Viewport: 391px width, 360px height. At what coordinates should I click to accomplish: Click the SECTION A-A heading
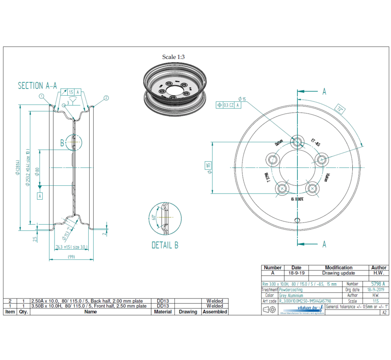pyautogui.click(x=37, y=86)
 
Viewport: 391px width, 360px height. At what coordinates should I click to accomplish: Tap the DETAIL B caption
pyautogui.click(x=165, y=245)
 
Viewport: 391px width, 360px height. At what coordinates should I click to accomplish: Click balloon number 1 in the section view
pyautogui.click(x=41, y=96)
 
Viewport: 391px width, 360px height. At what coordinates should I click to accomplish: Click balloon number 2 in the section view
pyautogui.click(x=106, y=97)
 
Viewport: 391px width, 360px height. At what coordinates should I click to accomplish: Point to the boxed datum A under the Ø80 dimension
pyautogui.click(x=40, y=196)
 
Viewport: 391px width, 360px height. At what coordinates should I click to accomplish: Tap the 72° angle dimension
pyautogui.click(x=340, y=108)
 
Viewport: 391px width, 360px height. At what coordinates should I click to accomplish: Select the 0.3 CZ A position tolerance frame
pyautogui.click(x=228, y=104)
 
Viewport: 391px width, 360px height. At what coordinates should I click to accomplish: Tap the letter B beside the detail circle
pyautogui.click(x=63, y=142)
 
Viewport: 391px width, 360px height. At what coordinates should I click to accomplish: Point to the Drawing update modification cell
pyautogui.click(x=338, y=273)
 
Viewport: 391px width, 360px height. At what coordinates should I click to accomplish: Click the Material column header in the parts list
pyautogui.click(x=163, y=312)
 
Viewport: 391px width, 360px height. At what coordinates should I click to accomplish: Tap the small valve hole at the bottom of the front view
pyautogui.click(x=297, y=220)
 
